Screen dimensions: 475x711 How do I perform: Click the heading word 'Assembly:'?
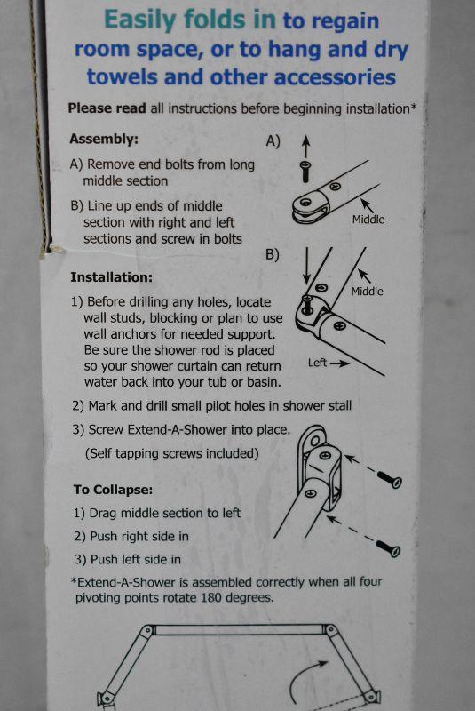pos(104,139)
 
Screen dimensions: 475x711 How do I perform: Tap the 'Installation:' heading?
pos(111,277)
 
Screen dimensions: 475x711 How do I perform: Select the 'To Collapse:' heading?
pos(114,490)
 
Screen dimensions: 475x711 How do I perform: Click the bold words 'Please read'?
pos(107,108)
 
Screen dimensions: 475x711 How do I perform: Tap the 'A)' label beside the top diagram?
pos(273,141)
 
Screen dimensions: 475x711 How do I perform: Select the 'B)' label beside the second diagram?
pos(273,254)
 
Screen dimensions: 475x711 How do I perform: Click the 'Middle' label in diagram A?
pos(368,220)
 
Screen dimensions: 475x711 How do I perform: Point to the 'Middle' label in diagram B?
pos(367,292)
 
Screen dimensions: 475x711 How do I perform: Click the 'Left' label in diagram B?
pos(317,363)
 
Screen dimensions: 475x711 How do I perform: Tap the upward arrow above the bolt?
pos(306,146)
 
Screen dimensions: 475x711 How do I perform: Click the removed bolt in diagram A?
pos(306,171)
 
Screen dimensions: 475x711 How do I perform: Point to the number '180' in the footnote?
pos(211,597)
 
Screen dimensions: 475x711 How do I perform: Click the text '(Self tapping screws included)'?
pos(172,453)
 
